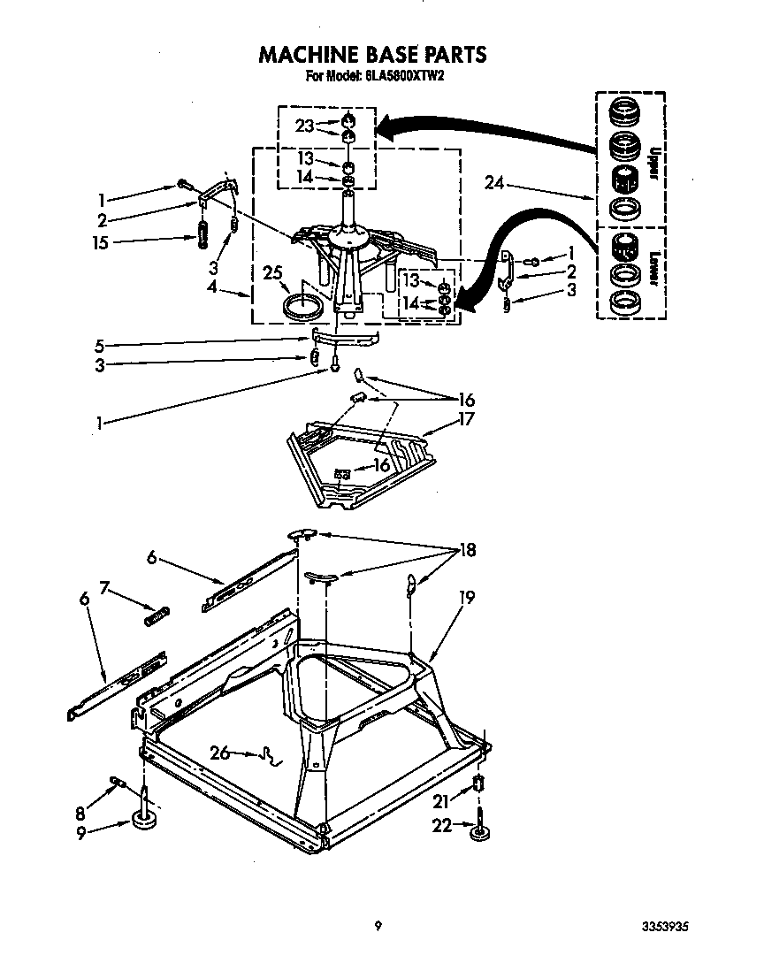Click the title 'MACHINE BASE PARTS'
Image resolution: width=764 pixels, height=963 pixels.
371,55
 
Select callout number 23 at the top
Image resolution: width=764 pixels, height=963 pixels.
304,126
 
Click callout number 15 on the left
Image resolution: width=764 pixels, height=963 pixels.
101,241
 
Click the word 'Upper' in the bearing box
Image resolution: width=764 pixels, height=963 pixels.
653,164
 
